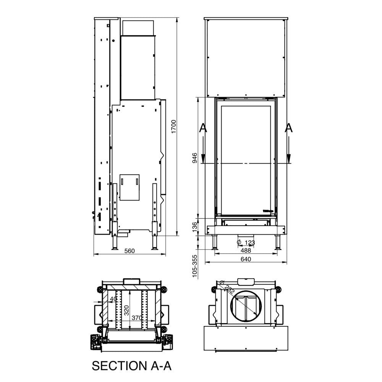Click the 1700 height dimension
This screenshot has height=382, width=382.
coord(173,126)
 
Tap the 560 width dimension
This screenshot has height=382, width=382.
coord(129,251)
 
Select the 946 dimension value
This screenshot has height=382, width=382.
coord(195,158)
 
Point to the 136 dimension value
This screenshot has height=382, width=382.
coord(195,227)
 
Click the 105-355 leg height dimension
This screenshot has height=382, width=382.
coord(194,266)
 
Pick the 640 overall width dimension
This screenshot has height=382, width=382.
coord(246,259)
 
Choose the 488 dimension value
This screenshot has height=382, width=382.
coord(246,251)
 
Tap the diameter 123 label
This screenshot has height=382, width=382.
coord(246,243)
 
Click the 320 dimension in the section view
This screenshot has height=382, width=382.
coord(127,310)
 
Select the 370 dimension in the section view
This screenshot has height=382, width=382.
coord(137,318)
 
